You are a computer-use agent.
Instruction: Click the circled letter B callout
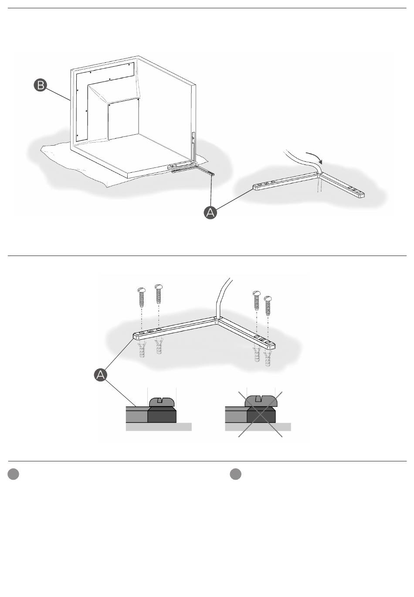coord(40,85)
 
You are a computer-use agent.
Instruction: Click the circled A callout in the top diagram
coord(210,213)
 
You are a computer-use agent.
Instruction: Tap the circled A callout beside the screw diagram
coord(100,375)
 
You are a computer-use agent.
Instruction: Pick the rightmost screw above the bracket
coord(268,306)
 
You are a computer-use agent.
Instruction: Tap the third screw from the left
coord(256,300)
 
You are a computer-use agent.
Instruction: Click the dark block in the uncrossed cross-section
coord(162,415)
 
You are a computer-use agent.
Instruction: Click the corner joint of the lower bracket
coord(217,319)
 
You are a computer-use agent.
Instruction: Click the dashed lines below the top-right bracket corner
coord(319,185)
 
